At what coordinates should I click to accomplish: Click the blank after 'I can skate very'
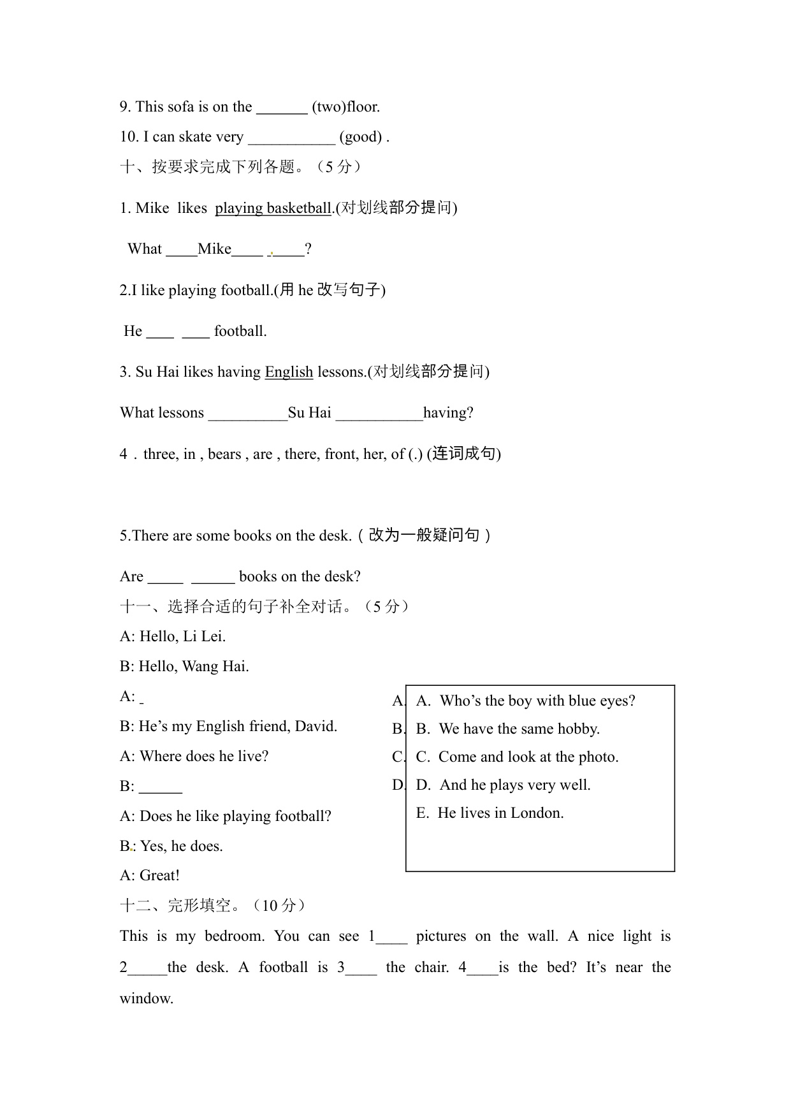(x=291, y=138)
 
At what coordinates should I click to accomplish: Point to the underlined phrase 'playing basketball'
(x=273, y=208)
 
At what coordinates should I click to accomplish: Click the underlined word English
(x=289, y=372)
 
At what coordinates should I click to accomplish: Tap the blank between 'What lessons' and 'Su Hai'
(x=248, y=414)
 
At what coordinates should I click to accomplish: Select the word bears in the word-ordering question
(x=224, y=454)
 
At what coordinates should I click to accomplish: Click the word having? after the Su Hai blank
(x=448, y=413)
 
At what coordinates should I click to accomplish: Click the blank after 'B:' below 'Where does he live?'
(x=161, y=787)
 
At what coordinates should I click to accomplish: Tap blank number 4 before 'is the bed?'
(x=483, y=968)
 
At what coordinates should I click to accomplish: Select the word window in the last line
(x=146, y=999)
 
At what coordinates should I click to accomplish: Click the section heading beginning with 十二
(x=213, y=906)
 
